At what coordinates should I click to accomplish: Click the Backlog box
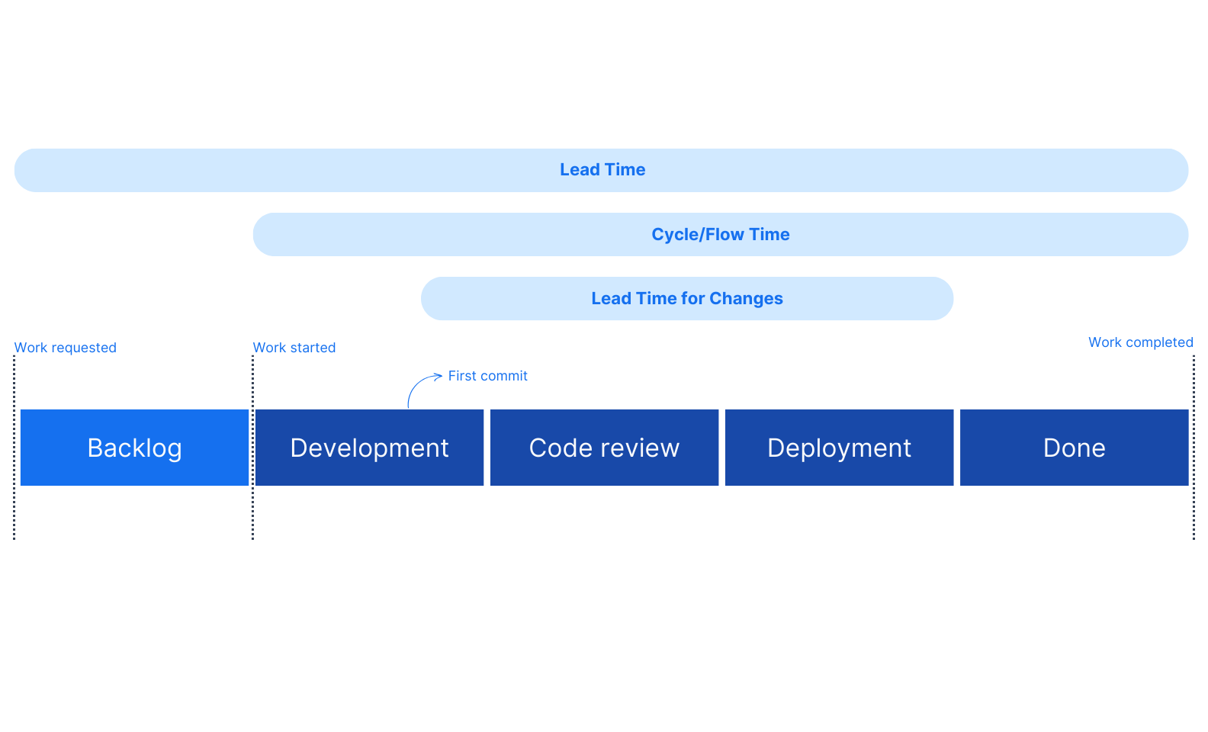(134, 448)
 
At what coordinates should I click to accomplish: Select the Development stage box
(369, 448)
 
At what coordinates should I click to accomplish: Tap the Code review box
(604, 448)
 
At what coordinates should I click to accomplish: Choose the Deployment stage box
(839, 448)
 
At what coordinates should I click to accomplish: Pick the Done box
(1074, 448)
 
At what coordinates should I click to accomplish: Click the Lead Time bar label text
(602, 170)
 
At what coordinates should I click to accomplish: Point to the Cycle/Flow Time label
(720, 235)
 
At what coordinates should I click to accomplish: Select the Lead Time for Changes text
(686, 299)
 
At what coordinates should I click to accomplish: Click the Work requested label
(66, 348)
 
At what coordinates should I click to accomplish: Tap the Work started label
(294, 348)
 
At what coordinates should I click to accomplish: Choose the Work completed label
(1140, 342)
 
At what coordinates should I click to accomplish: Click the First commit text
(487, 376)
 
